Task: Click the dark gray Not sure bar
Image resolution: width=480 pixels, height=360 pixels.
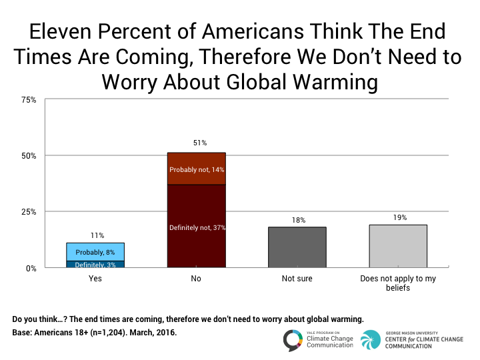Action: coord(297,247)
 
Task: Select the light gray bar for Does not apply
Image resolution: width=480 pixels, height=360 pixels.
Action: coord(397,246)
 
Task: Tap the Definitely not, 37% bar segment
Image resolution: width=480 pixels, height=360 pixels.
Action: coord(196,226)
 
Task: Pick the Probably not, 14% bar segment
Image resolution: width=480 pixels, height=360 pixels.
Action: coord(196,169)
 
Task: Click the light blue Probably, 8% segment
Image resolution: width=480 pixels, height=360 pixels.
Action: coord(95,252)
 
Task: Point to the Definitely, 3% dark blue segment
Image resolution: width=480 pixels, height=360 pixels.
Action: coord(95,264)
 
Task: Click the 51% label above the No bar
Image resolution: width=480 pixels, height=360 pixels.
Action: coord(196,143)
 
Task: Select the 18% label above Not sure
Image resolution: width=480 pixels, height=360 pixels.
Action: coord(297,219)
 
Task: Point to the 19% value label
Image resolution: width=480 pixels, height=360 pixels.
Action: coord(397,217)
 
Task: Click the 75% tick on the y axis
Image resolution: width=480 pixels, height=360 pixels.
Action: coord(29,100)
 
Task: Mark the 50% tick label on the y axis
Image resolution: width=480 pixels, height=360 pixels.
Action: coord(29,156)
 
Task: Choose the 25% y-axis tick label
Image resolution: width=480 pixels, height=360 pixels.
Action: coord(29,212)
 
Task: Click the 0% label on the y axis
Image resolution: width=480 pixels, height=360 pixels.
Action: coord(31,268)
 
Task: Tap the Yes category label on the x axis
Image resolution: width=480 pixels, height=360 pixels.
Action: coord(95,279)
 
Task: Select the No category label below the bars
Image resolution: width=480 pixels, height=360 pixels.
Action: coord(196,279)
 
